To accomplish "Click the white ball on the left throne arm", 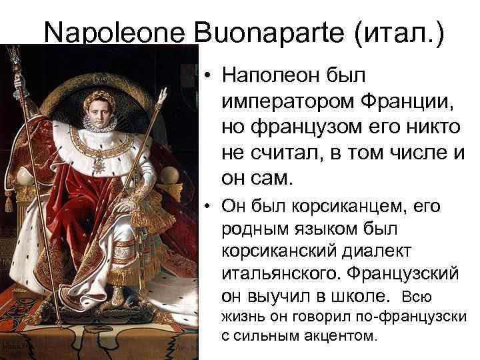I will click(25, 175).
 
